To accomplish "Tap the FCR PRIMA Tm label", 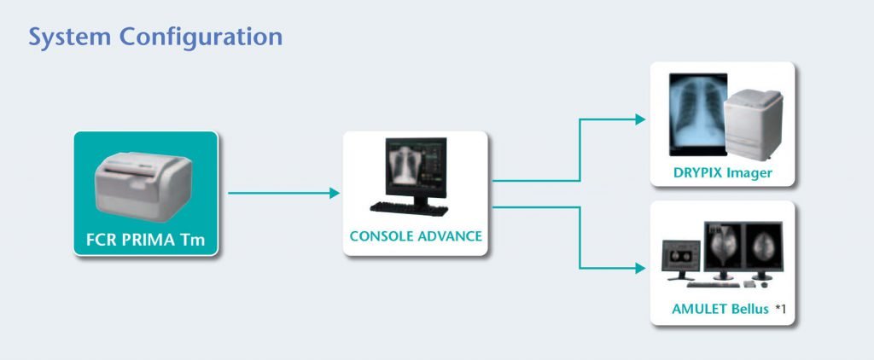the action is pyautogui.click(x=145, y=241).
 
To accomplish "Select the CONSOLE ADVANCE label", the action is pyautogui.click(x=416, y=236).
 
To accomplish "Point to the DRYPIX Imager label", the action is pyautogui.click(x=722, y=173).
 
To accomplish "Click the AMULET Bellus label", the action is pyautogui.click(x=720, y=309).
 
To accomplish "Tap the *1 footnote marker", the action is pyautogui.click(x=780, y=309).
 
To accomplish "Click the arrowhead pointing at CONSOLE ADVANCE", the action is pyautogui.click(x=335, y=193).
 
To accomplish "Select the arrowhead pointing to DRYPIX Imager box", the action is pyautogui.click(x=640, y=119).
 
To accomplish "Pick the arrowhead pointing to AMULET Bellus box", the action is pyautogui.click(x=640, y=269).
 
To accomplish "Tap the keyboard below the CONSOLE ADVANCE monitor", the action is pyautogui.click(x=409, y=209).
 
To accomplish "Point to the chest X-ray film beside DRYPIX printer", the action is pyautogui.click(x=698, y=114).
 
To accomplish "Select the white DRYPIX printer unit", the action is pyautogui.click(x=754, y=125).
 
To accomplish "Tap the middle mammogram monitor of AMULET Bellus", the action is pyautogui.click(x=724, y=250).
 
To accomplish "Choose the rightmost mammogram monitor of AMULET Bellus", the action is pyautogui.click(x=764, y=250).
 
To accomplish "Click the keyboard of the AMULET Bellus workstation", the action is pyautogui.click(x=713, y=285).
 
